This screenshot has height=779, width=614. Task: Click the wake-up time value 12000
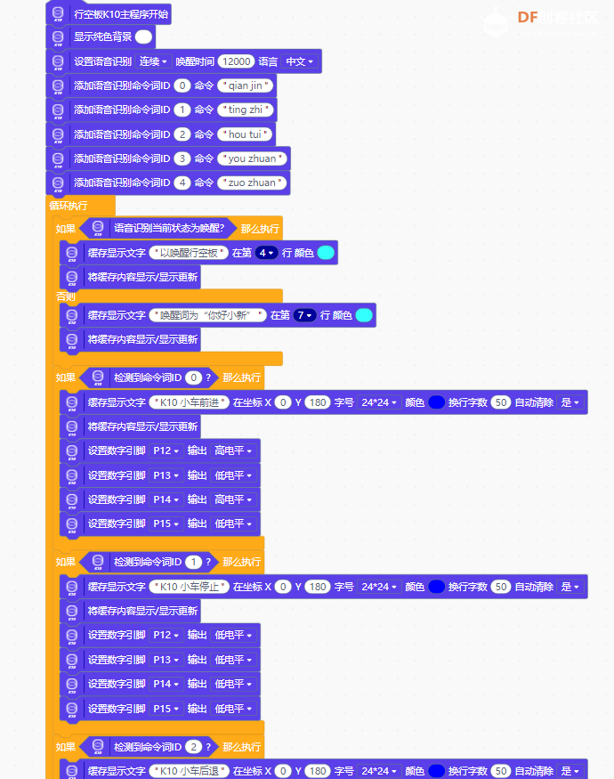point(236,61)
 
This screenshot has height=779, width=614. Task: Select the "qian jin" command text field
point(246,85)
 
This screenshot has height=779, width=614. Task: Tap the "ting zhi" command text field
point(246,110)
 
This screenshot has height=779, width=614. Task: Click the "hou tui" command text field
point(245,134)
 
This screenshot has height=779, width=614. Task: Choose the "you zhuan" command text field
point(253,158)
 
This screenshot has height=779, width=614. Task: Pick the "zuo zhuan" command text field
point(252,183)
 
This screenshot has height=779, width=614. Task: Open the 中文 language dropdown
point(299,61)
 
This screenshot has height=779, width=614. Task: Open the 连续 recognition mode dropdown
point(153,61)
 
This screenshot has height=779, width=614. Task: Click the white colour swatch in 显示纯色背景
point(143,37)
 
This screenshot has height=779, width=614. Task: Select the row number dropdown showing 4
point(266,253)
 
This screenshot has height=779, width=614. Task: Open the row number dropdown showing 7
point(304,315)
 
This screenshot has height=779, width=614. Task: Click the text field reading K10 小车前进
point(190,402)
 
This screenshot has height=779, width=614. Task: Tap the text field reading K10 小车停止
point(190,587)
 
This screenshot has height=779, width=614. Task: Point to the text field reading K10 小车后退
point(190,771)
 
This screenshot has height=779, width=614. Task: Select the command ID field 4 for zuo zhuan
point(182,183)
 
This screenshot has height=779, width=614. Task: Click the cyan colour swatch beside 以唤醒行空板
point(326,253)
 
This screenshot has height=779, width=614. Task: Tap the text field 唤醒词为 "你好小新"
point(208,315)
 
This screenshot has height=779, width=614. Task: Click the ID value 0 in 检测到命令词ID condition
point(193,377)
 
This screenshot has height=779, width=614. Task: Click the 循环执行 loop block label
point(69,206)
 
